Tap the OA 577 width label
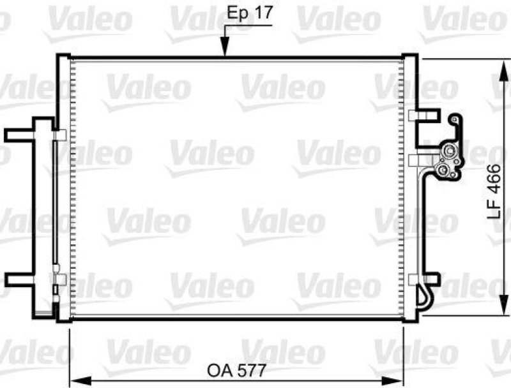click(236, 370)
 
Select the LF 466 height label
click(496, 188)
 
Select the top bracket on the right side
click(425, 116)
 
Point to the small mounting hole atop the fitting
click(454, 119)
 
